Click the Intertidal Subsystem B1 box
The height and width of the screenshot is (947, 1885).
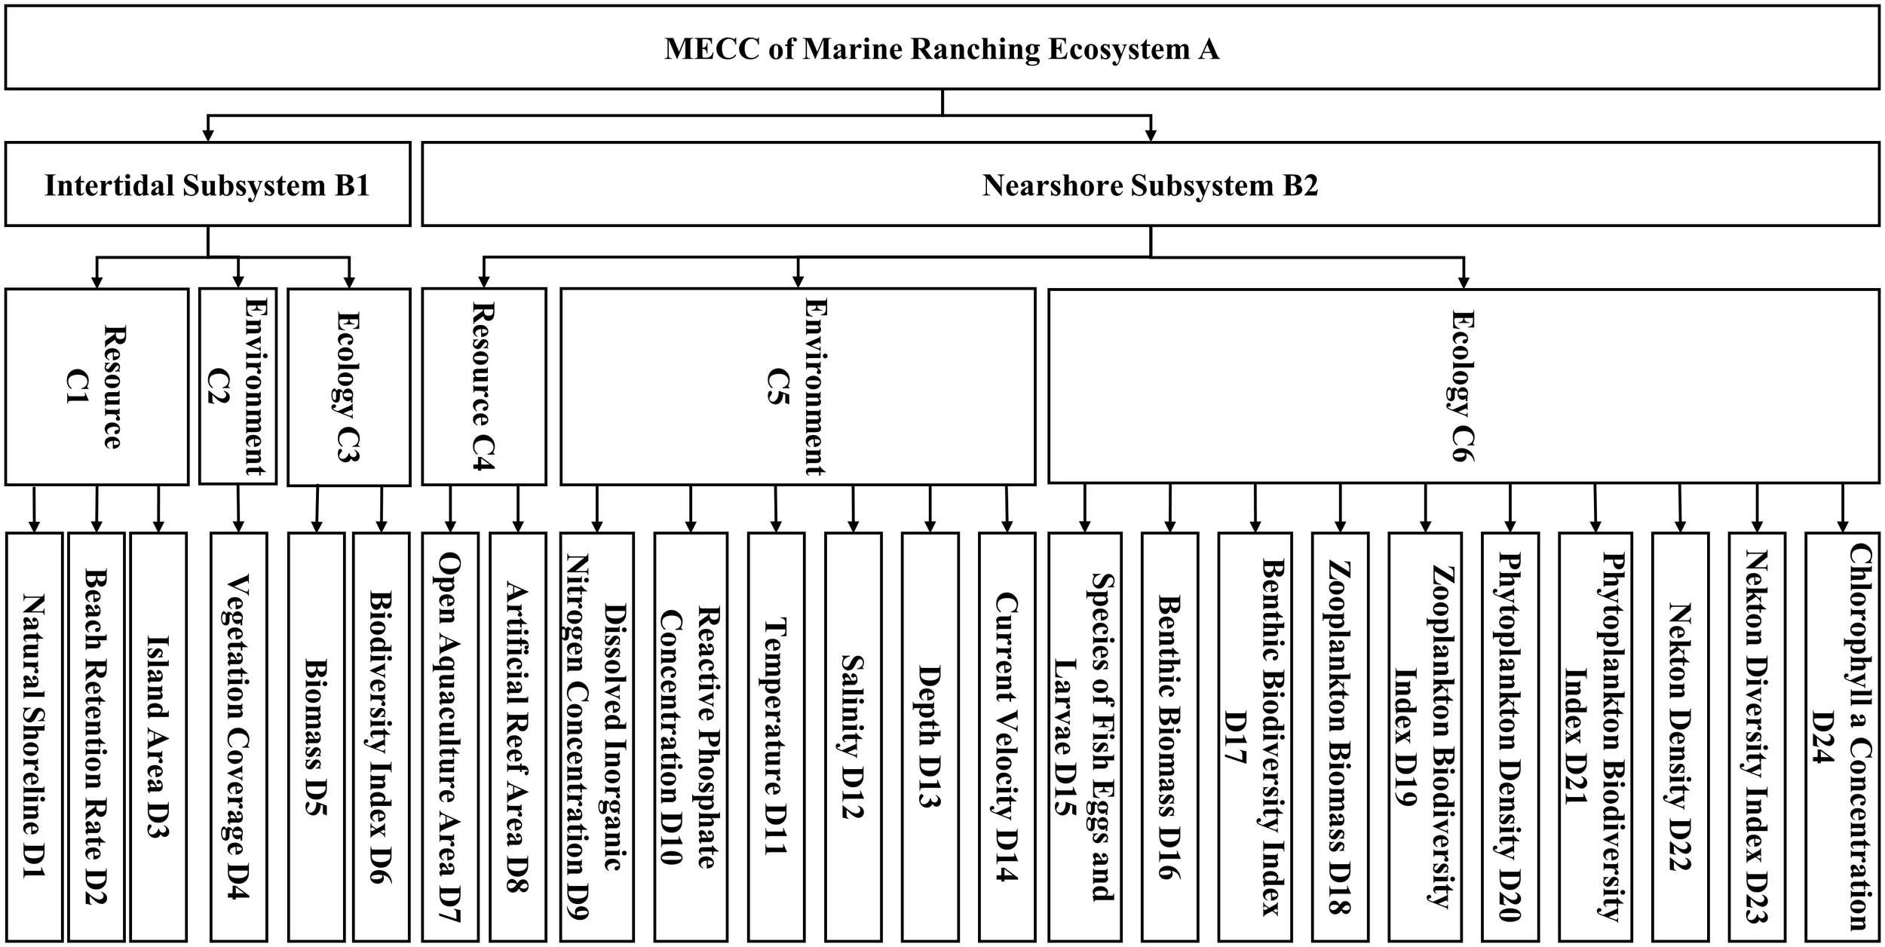click(x=207, y=184)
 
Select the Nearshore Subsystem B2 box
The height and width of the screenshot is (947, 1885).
click(x=1150, y=184)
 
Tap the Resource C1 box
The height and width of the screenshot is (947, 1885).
click(x=97, y=386)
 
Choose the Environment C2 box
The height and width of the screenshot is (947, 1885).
click(x=238, y=386)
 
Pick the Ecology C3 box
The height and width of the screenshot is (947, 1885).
click(x=349, y=386)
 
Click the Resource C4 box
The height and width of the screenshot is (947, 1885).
click(x=483, y=386)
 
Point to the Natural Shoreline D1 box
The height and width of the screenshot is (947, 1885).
click(x=34, y=736)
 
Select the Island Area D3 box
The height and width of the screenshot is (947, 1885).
click(x=158, y=736)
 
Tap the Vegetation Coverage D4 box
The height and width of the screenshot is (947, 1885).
click(x=238, y=736)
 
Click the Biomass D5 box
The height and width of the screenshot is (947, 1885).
click(x=316, y=736)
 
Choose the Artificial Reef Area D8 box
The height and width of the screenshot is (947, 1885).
click(x=517, y=736)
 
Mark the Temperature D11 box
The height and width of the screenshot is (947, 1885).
click(x=776, y=736)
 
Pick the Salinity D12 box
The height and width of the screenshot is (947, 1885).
click(x=853, y=736)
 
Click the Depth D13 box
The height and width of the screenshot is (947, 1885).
click(x=930, y=736)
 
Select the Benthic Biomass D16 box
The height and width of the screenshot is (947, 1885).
click(x=1169, y=736)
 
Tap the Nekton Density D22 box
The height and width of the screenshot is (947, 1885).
click(x=1680, y=736)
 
